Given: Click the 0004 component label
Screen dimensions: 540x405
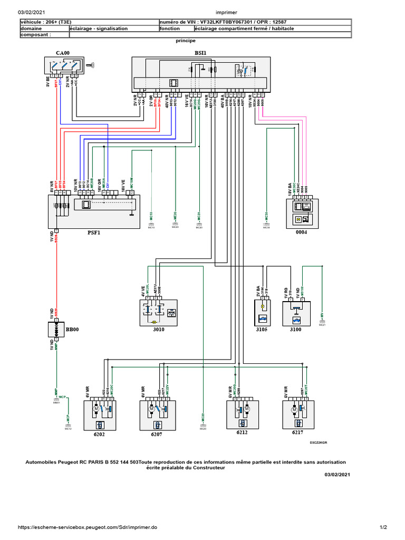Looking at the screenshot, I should click(x=301, y=231).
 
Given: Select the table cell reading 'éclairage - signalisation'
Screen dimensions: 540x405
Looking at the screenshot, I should click(x=99, y=28).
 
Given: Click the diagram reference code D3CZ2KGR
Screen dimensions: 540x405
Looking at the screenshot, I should click(x=319, y=443).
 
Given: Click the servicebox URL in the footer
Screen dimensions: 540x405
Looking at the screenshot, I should click(x=88, y=527).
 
